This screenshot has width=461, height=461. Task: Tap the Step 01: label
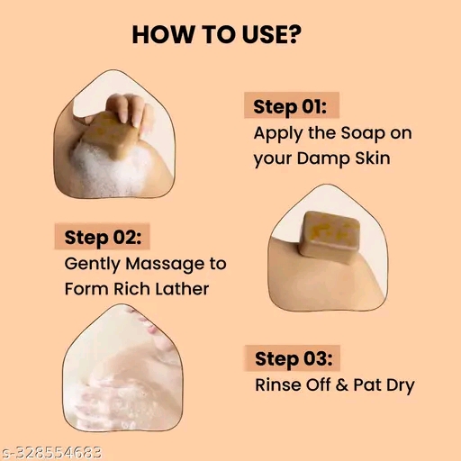289,106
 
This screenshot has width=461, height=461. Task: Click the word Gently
92,265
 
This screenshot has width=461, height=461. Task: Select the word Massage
166,265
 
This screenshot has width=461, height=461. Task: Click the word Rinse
279,387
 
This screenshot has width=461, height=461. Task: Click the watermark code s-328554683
51,451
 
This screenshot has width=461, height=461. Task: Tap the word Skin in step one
375,158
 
